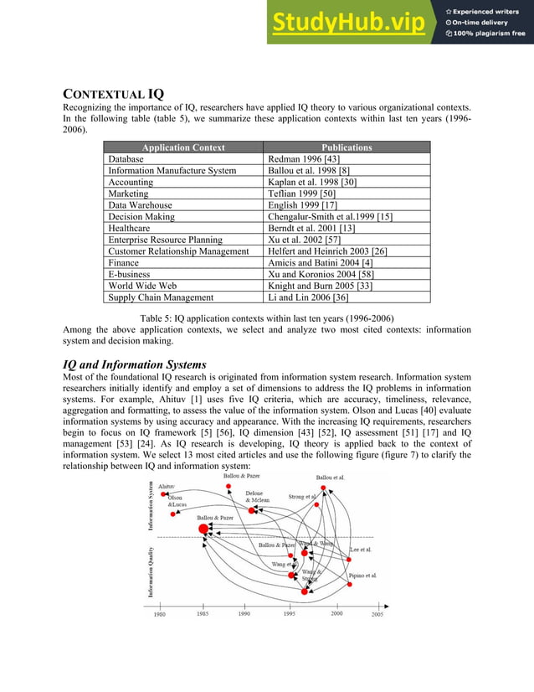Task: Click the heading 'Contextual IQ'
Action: [114, 96]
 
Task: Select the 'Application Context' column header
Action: [183, 147]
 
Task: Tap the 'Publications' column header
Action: [347, 147]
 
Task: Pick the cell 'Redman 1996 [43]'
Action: [303, 159]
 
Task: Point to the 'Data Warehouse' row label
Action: [140, 204]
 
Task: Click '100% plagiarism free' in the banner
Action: [490, 34]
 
